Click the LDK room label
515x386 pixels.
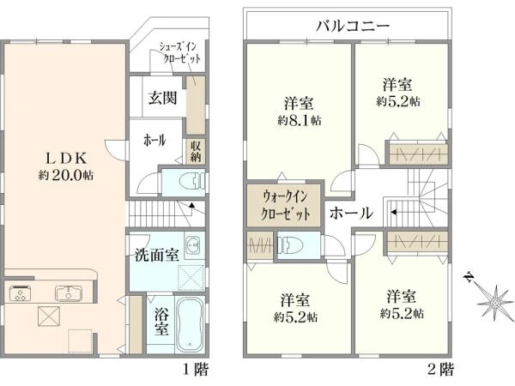tap(66, 159)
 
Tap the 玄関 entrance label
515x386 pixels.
tap(162, 98)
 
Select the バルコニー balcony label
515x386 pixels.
tap(353, 26)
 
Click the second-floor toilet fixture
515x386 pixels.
tap(290, 245)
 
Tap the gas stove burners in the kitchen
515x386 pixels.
tap(21, 293)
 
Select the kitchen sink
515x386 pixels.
tap(69, 293)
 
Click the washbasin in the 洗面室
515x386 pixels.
tap(192, 245)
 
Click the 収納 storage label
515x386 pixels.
tap(196, 151)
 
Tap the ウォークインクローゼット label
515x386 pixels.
tap(285, 206)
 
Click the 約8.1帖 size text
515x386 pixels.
tap(300, 120)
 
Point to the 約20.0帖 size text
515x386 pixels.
tap(66, 175)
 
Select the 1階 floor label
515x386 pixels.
tap(195, 370)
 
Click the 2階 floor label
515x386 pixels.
tap(441, 370)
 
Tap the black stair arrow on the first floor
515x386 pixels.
tap(192, 206)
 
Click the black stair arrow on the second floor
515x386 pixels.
tap(394, 212)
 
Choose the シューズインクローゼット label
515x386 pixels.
tap(179, 52)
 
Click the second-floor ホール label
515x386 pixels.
tap(351, 213)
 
